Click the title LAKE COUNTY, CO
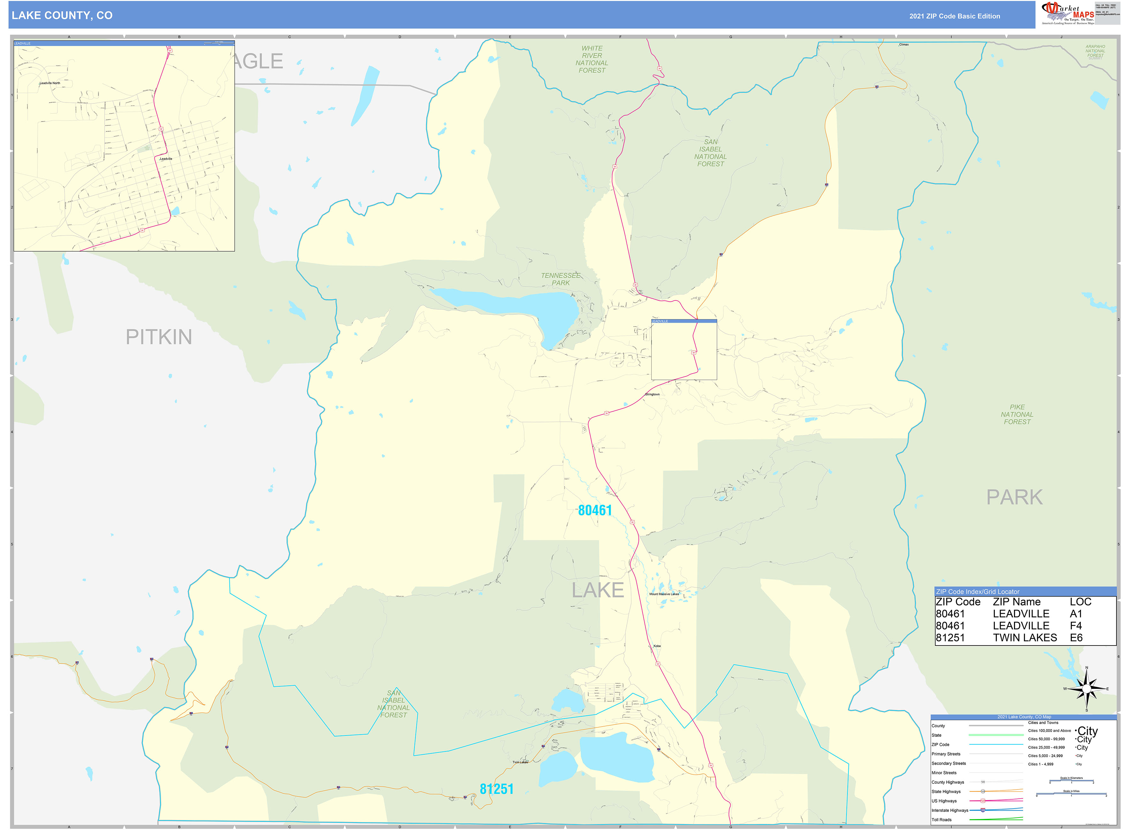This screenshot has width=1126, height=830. pos(62,16)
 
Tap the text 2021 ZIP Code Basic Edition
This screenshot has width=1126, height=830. pos(954,16)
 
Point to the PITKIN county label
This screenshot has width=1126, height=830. pos(159,336)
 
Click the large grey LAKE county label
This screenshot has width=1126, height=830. pos(598,590)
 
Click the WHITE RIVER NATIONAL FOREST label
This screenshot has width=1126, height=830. pos(592,59)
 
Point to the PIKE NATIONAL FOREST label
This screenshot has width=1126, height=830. pos(1017,414)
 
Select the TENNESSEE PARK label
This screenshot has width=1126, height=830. pos(561,279)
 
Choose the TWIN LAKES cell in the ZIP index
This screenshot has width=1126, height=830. pos(1025,638)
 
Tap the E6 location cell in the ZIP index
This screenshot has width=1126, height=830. pos(1076,638)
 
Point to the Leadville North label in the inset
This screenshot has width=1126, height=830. pos(50,83)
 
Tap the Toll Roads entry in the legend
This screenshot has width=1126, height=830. pos(942,819)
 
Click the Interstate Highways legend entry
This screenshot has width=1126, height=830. pos(950,810)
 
